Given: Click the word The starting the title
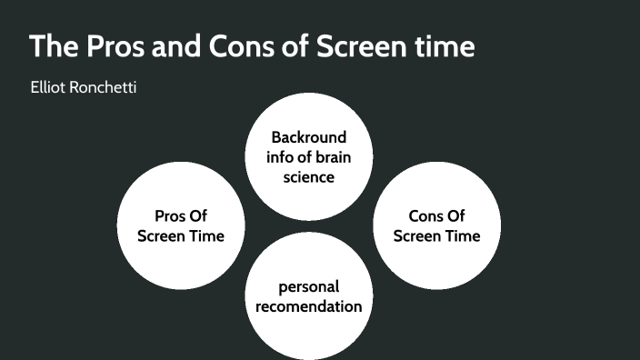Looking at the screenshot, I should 50,46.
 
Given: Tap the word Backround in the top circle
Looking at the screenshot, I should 309,137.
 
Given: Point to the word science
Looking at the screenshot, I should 309,176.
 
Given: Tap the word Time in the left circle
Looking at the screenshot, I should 205,235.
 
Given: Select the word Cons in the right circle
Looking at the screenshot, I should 425,216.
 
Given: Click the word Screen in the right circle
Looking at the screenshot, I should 418,235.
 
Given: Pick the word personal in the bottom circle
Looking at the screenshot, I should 309,286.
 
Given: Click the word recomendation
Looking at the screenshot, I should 309,305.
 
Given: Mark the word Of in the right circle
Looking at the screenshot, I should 455,216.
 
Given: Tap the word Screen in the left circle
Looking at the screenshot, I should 162,235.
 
